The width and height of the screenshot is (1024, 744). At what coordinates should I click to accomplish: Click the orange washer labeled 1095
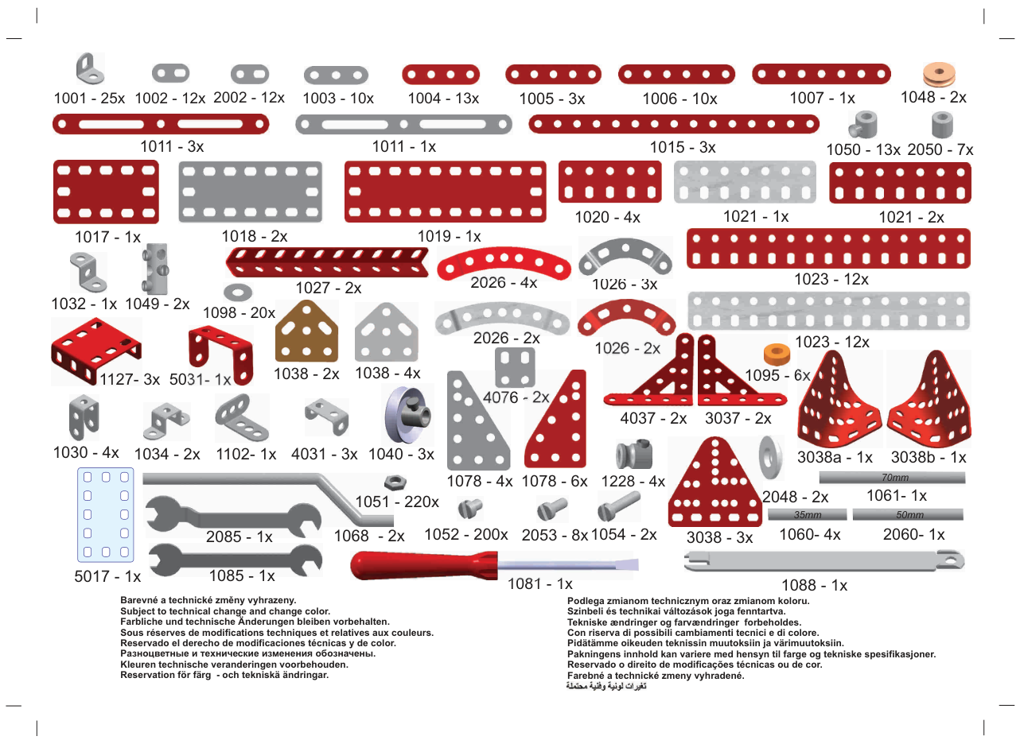(777, 354)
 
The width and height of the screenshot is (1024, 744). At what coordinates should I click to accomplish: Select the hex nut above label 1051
(395, 482)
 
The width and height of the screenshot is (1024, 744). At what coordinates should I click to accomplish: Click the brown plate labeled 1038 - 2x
(306, 331)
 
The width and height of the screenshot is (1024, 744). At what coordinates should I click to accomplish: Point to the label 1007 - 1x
(822, 98)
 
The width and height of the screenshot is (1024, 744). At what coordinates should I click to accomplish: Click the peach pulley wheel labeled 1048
(939, 74)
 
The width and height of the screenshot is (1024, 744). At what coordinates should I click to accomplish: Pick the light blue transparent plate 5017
(106, 515)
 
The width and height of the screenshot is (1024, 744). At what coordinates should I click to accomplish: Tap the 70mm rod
(892, 478)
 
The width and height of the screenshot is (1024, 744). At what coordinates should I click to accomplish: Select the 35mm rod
(808, 515)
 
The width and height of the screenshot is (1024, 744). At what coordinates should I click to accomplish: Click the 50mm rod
(908, 515)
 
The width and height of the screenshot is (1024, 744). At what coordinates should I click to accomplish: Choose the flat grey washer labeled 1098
(238, 292)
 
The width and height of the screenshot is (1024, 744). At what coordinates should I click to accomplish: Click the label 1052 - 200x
(465, 534)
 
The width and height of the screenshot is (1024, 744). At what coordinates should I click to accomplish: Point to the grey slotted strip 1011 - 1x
(403, 124)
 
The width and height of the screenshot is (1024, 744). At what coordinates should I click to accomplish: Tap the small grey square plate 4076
(515, 368)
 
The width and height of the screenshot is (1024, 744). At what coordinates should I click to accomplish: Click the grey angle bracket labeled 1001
(90, 69)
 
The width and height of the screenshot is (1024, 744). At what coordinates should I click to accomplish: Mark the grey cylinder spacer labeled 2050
(942, 125)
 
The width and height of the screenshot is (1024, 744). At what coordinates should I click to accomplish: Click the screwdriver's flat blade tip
(637, 565)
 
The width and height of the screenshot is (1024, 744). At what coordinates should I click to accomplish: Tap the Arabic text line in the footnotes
(606, 686)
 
